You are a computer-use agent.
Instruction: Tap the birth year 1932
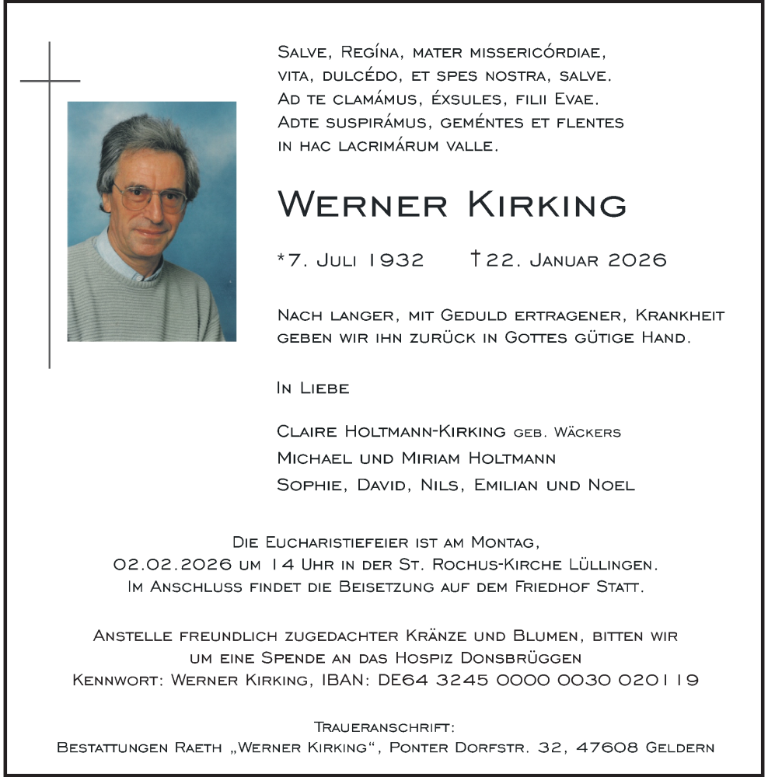coord(396,260)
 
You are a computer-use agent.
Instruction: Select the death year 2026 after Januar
coord(637,260)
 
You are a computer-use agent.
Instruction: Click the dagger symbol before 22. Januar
coord(476,259)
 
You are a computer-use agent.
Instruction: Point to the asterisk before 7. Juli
coord(281,257)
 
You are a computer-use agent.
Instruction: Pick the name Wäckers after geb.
coord(588,432)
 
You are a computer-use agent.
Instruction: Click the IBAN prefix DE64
coord(401,680)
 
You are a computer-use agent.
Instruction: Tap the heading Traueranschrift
coord(384,727)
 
